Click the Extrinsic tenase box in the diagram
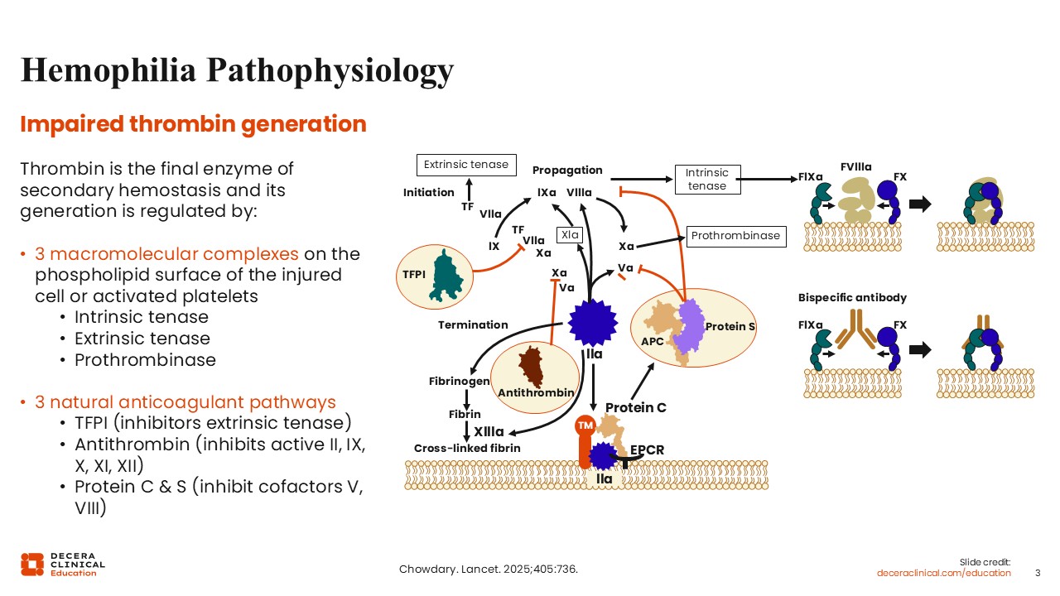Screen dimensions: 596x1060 coord(466,165)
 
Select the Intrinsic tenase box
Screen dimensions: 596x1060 coord(706,179)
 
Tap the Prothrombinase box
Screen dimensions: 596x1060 coord(735,236)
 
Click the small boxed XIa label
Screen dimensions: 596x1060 coord(570,235)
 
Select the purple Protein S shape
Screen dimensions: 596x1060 coord(688,324)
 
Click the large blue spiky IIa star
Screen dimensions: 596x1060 coord(594,323)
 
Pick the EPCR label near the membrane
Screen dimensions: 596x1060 coord(647,450)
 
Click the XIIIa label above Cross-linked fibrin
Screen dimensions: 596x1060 coord(489,431)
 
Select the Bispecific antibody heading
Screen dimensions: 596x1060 coord(852,297)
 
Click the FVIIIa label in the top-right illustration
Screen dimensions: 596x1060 coord(855,167)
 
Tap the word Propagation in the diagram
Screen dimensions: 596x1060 coord(567,171)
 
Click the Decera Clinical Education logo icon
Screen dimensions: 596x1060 coord(32,564)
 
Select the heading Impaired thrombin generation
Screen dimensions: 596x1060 coord(193,124)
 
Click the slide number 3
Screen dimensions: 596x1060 coord(1038,573)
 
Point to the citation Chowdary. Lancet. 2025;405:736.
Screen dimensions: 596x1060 coord(488,570)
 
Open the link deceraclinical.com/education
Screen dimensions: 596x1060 coord(944,573)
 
